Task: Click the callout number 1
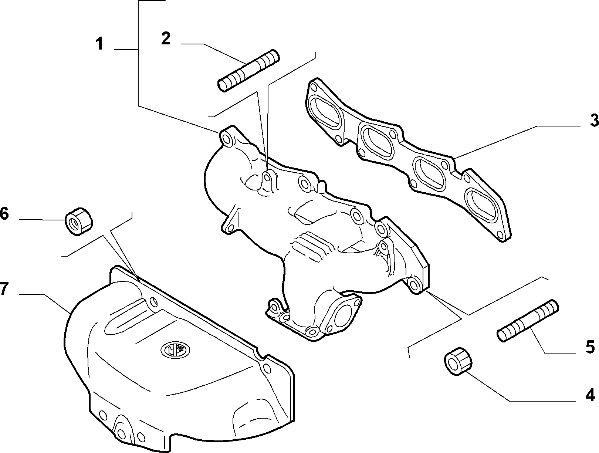[100, 44]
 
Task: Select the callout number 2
[166, 38]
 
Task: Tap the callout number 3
[594, 120]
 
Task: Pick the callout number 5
[590, 347]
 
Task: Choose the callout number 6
[4, 214]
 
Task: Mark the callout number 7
[4, 288]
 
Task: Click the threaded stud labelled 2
[248, 70]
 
